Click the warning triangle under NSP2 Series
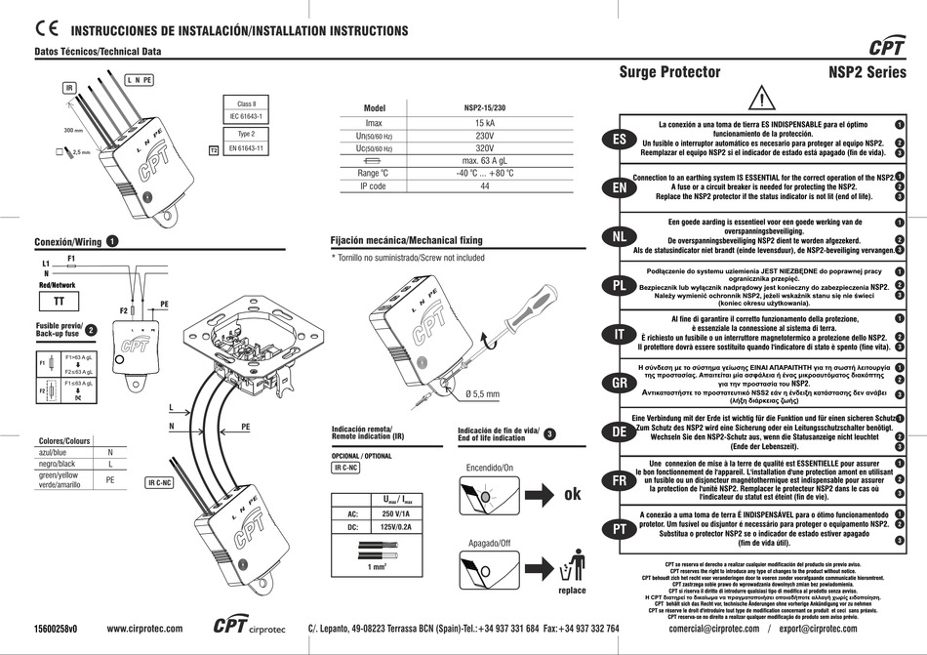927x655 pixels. [762, 99]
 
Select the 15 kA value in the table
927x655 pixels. [484, 123]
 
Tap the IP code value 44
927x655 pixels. [484, 185]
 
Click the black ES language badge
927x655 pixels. [619, 140]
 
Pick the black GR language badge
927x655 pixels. [619, 383]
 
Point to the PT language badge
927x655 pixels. [619, 528]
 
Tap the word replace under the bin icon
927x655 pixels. [572, 590]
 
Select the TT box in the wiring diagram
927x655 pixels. [59, 302]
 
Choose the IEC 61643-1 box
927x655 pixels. [246, 117]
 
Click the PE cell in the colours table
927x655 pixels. [110, 480]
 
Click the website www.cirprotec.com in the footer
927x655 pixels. [146, 629]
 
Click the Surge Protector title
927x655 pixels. [669, 71]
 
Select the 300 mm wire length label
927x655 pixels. [73, 130]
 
